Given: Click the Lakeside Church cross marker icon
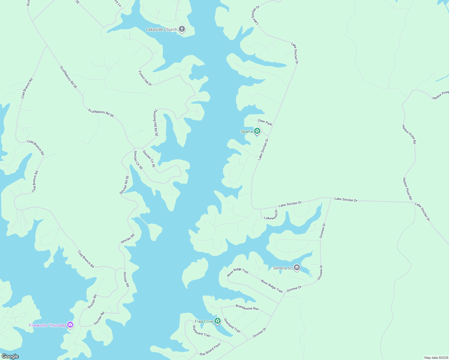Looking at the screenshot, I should [182, 29].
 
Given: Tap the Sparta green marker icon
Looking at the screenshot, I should [257, 131].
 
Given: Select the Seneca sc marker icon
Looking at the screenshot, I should [297, 268].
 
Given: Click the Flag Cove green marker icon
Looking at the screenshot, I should [218, 321].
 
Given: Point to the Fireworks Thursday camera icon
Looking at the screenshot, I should [70, 325].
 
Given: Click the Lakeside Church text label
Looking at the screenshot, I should [161, 29].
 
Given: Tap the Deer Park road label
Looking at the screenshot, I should [265, 122].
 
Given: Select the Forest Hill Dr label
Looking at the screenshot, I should [145, 78].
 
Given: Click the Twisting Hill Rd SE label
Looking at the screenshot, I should [156, 123].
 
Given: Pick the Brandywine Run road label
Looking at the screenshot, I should [247, 307].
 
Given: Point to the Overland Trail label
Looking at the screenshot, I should [232, 325].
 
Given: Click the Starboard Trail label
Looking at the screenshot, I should [201, 331].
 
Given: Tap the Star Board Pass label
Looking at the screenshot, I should [210, 349].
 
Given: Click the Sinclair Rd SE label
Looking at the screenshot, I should [125, 185].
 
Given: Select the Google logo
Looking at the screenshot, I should [10, 356].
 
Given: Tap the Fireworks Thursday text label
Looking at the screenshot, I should [47, 325].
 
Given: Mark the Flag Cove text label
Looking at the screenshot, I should [204, 321].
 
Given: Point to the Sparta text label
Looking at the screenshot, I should [247, 131].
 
